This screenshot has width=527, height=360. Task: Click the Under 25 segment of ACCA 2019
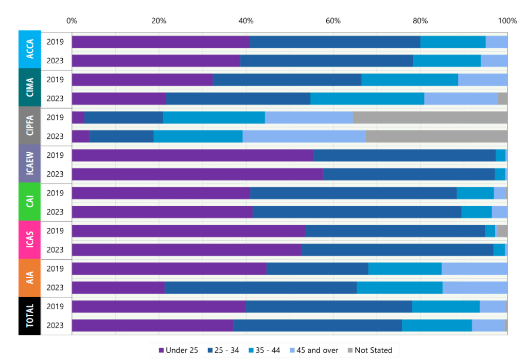pos(161,42)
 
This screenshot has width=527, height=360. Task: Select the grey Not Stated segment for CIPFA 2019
pos(430,117)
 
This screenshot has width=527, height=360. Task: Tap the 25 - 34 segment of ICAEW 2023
pos(409,174)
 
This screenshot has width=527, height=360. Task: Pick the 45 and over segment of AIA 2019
pos(475,268)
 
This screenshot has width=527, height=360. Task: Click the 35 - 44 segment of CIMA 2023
pos(367,98)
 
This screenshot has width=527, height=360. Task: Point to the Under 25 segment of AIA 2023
pos(118,287)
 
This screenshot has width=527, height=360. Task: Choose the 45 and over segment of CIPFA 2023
pos(304,136)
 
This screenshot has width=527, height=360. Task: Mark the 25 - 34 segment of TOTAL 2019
pos(328,307)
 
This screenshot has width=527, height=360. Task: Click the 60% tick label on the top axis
pos(333,21)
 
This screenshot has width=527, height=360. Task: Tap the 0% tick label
pos(72,21)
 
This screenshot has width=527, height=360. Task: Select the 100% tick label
pos(507,21)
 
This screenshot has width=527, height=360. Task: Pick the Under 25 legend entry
pos(179,350)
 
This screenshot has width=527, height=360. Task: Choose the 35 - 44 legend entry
pos(263,350)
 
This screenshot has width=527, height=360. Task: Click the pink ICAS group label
pos(30,240)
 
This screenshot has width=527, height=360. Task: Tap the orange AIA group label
pos(30,278)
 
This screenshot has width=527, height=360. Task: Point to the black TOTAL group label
pos(30,316)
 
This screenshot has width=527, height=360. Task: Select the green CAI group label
pos(30,202)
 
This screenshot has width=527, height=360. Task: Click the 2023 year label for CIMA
pos(55,98)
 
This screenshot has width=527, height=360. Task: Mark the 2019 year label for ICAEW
pos(55,155)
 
